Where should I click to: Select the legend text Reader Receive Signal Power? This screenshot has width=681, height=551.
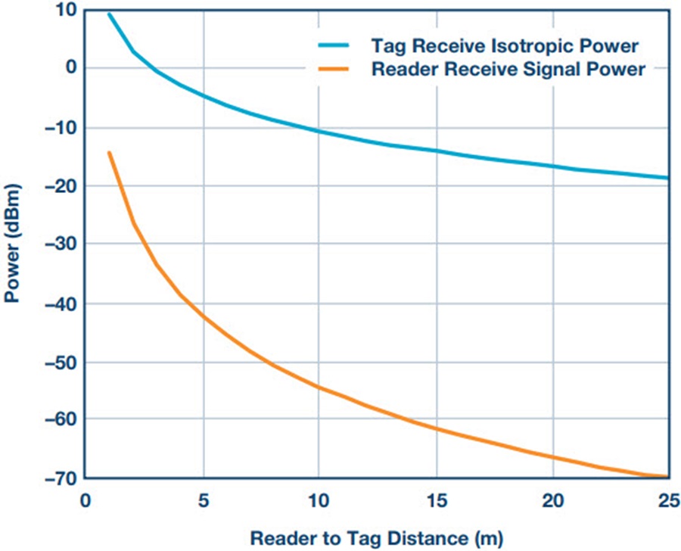[x=508, y=70]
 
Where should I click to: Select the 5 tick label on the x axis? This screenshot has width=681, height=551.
[x=203, y=500]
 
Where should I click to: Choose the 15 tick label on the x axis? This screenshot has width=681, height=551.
[x=436, y=500]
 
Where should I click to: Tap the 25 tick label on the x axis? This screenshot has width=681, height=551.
[x=667, y=500]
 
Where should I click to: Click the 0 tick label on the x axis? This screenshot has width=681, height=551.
[x=86, y=500]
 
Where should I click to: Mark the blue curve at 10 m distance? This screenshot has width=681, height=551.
[x=319, y=132]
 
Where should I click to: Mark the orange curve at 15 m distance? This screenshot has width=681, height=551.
[x=436, y=428]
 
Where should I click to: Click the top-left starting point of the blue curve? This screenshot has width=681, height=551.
[x=109, y=14]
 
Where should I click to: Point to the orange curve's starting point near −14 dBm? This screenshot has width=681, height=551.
[x=109, y=152]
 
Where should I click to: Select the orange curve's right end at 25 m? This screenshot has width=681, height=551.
[x=668, y=476]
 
